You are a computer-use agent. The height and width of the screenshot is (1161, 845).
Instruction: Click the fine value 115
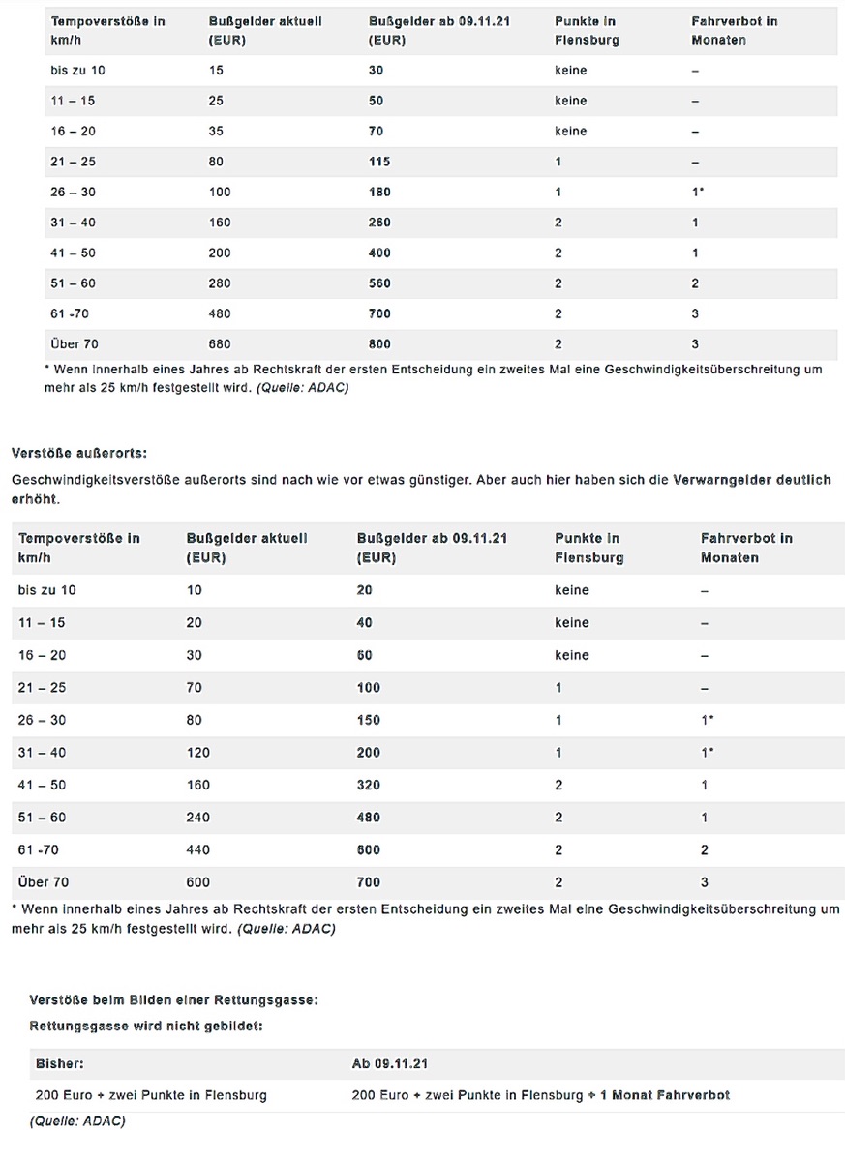coord(379,162)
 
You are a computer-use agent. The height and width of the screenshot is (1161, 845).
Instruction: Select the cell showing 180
coord(379,192)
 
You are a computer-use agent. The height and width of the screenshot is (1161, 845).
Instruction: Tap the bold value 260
coord(379,223)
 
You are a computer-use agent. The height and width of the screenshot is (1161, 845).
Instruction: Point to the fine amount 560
coord(379,283)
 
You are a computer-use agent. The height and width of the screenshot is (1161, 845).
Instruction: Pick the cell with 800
coord(379,343)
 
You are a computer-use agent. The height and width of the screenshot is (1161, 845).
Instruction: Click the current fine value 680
coord(220,343)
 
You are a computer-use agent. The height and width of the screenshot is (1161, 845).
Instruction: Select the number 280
coord(220,283)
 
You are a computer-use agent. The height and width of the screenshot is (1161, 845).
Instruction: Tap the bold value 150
coord(368,720)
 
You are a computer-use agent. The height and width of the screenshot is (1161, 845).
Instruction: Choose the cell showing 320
coord(368,785)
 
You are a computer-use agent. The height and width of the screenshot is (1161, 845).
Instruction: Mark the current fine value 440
coord(197,849)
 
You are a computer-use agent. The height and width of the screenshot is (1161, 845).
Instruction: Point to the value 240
coord(197,818)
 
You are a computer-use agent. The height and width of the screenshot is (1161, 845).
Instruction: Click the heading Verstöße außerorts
coord(78,453)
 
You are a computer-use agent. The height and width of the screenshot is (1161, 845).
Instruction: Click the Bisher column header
coord(60,1063)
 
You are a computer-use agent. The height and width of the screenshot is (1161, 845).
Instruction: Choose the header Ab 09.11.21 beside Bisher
coord(389,1063)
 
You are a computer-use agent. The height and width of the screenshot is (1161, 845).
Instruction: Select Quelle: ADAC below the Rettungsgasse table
coord(77,1121)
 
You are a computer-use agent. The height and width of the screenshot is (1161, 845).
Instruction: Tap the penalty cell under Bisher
coord(151,1095)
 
